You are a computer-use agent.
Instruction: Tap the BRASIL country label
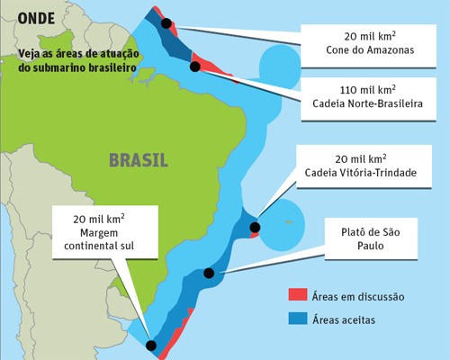click(138, 162)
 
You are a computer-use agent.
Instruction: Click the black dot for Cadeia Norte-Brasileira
click(194, 66)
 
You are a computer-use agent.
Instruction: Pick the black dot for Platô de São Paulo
click(209, 273)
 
